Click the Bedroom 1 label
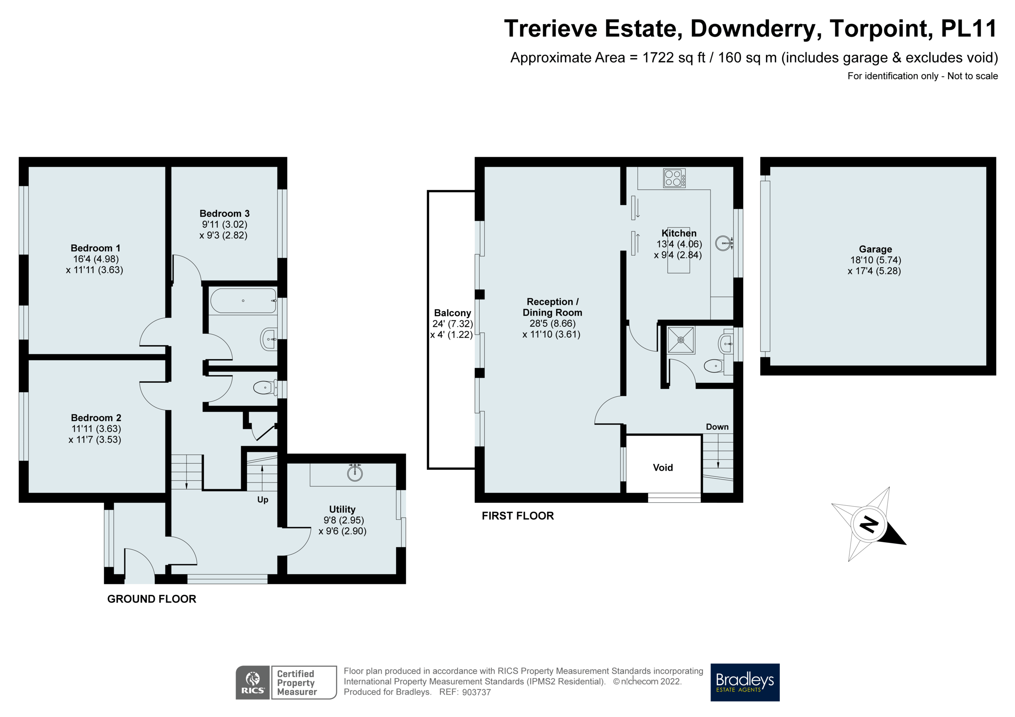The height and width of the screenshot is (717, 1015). tap(96, 248)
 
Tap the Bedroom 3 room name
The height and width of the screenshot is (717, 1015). tap(225, 214)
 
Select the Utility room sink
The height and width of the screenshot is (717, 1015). tap(354, 473)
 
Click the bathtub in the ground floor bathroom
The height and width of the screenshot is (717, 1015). tap(243, 301)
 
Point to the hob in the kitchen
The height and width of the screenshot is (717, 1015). tap(675, 178)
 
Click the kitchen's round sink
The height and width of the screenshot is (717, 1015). tap(723, 243)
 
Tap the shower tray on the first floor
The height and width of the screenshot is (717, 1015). tap(681, 340)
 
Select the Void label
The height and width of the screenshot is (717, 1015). tap(663, 468)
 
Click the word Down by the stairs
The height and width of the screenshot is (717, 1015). tap(717, 427)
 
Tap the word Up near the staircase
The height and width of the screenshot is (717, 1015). tap(263, 500)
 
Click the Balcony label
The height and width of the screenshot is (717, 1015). tap(452, 313)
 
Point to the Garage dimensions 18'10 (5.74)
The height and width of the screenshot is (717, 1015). tap(875, 260)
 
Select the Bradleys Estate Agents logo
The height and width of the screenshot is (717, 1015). tap(745, 682)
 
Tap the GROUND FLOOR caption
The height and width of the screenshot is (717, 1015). tap(152, 600)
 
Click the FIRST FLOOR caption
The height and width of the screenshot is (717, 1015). tap(518, 516)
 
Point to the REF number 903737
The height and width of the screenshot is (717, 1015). tap(476, 692)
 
